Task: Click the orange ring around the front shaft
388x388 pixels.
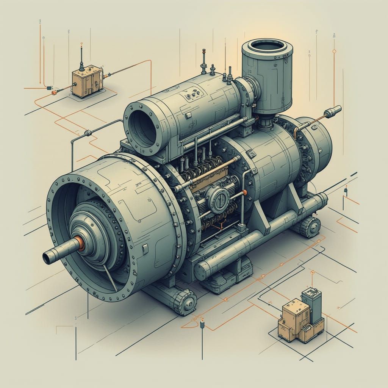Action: pos(80,244)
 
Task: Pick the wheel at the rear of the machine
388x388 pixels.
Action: pos(310,227)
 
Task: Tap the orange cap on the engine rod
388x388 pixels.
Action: pos(244,192)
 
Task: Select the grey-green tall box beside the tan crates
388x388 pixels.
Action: pos(311,305)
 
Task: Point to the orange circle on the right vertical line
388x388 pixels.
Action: pos(334,51)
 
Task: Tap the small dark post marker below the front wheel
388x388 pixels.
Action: pos(202,325)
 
